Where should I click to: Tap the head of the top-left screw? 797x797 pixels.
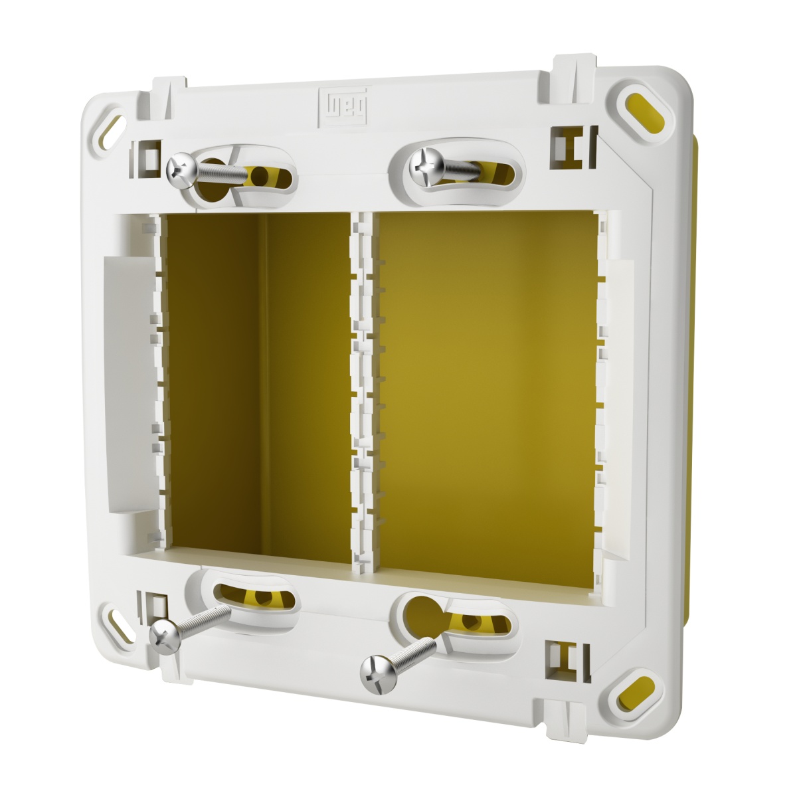point(179,167)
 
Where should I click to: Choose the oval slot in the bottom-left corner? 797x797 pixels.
point(120,623)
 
